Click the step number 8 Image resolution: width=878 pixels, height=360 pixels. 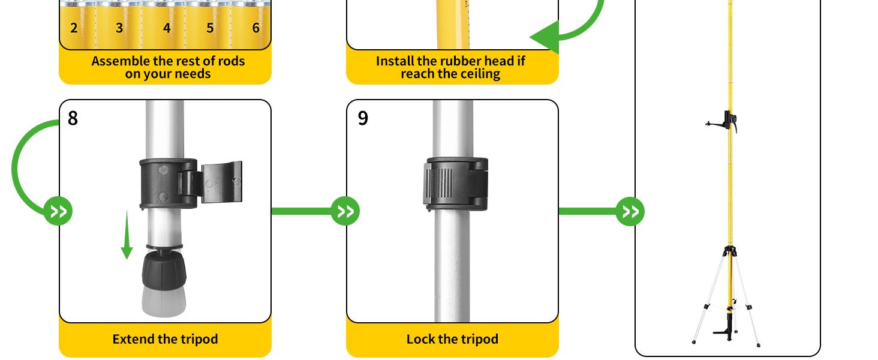(73, 118)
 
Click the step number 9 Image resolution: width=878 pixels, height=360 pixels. (363, 118)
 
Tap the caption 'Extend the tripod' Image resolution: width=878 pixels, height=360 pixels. (165, 339)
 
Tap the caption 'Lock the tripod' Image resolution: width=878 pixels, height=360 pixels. (452, 339)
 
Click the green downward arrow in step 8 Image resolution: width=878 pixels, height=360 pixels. (127, 237)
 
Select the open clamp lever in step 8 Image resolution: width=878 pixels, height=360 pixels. (221, 182)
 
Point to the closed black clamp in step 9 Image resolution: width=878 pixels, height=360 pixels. (456, 184)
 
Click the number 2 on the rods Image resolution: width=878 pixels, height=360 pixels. (74, 28)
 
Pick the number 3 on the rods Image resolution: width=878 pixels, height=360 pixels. (119, 28)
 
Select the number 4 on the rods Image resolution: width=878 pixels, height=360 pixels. (167, 28)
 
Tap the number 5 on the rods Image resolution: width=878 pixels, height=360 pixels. (210, 28)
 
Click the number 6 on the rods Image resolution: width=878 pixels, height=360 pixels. (256, 28)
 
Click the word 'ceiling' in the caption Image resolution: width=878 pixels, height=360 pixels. (477, 74)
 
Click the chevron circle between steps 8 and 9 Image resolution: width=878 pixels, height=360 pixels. (345, 211)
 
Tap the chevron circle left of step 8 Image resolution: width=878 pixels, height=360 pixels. (58, 211)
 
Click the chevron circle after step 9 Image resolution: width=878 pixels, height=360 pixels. (630, 211)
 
